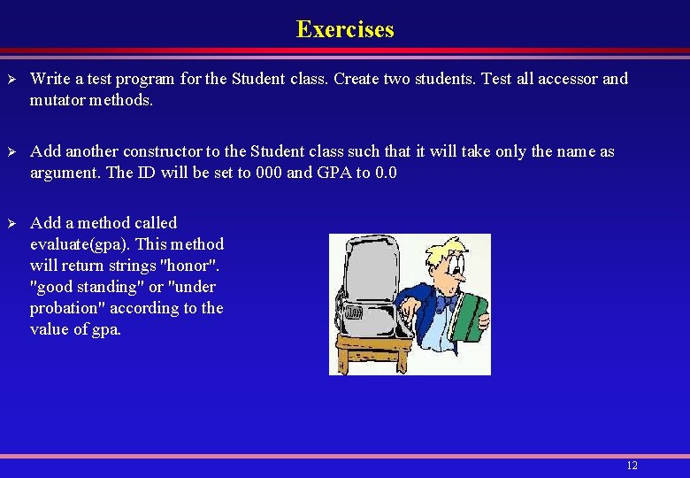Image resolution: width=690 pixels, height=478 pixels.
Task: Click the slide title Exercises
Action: coord(345,29)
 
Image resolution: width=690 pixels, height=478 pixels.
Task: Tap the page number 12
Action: coord(632,466)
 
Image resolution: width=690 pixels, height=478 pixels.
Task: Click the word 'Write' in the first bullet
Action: coord(50,79)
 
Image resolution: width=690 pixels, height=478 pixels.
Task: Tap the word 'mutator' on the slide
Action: coord(59,100)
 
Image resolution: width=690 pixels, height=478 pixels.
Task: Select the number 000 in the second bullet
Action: coord(269,173)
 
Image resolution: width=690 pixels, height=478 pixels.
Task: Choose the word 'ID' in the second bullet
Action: coord(148,173)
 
